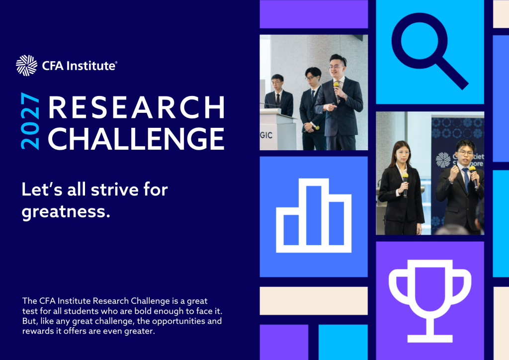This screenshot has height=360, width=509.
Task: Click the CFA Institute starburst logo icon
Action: point(27,66)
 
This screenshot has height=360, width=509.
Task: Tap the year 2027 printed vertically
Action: point(30,121)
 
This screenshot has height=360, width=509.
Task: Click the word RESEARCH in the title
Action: point(137,107)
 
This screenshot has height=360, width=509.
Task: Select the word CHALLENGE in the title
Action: point(136,139)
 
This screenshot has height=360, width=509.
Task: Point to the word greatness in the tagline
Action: point(66,212)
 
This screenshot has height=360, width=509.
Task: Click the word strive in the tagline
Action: point(115,189)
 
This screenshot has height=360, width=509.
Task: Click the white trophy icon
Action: point(430,301)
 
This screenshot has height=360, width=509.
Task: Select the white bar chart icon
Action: point(314,215)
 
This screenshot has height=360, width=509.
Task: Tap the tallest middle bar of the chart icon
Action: point(314,215)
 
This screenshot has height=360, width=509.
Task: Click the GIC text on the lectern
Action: point(266,135)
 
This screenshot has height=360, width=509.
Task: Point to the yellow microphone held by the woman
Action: point(405,184)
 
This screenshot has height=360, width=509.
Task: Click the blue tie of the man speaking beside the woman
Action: point(467,179)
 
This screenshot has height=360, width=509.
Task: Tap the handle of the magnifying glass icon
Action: point(452,74)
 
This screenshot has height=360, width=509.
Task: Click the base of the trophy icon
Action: point(430,339)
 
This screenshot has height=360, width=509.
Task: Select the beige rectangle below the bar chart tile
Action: point(314,301)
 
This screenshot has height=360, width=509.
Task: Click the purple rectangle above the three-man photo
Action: point(314,14)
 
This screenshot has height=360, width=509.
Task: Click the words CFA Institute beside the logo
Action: point(80,66)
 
